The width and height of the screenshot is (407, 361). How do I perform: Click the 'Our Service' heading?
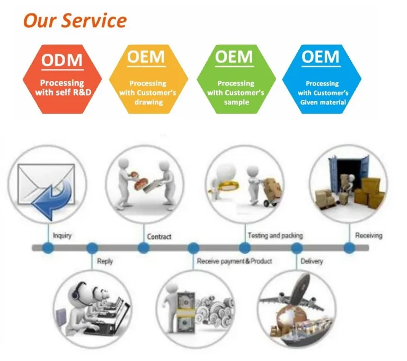[x=75, y=21]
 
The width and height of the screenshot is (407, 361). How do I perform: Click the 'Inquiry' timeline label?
[x=63, y=235]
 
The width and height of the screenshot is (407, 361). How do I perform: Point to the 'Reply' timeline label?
[x=105, y=261]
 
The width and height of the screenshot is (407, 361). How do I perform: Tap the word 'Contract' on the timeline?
[x=159, y=236]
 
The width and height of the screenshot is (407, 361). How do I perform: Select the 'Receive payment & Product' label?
[x=234, y=261]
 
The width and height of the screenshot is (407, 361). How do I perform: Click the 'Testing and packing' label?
[x=275, y=235]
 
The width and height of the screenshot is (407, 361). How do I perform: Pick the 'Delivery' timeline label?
[x=312, y=261]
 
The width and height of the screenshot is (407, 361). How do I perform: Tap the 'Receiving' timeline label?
[x=368, y=235]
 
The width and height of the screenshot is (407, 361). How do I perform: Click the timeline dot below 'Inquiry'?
[x=48, y=247]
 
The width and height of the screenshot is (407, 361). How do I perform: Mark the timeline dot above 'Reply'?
[x=92, y=247]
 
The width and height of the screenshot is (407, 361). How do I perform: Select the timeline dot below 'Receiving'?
[x=349, y=247]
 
